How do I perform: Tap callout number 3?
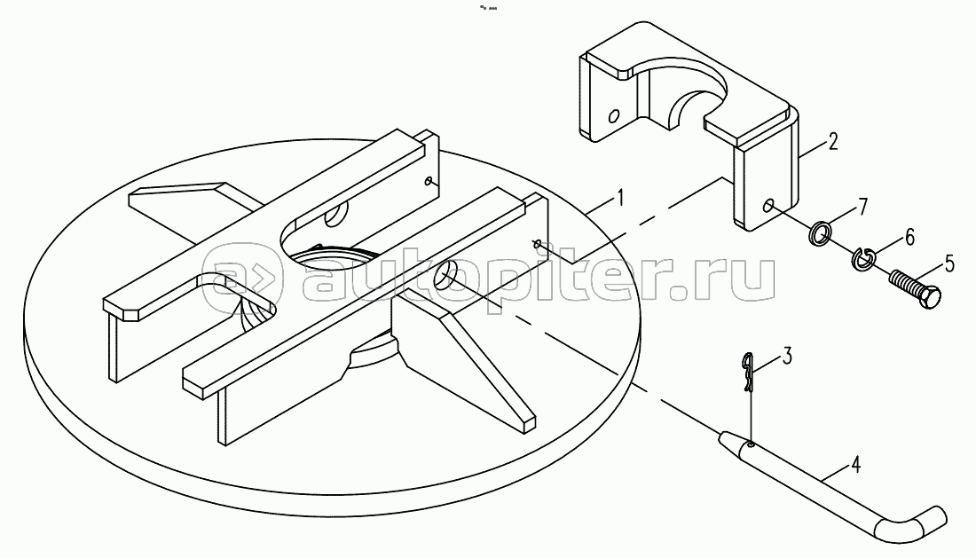click(787, 358)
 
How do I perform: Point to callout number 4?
click(856, 464)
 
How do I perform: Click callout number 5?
click(948, 263)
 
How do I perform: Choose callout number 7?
click(862, 207)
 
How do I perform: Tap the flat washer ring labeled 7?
click(821, 232)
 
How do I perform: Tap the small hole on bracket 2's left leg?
click(614, 115)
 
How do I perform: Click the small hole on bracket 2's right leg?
click(769, 205)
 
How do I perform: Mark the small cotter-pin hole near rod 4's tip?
click(752, 444)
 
